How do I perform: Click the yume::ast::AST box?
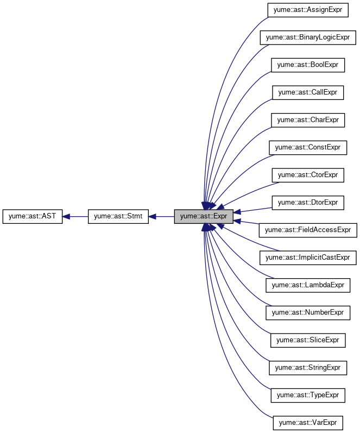click(33, 216)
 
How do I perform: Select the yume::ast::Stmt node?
click(118, 216)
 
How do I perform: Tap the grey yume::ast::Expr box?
click(204, 216)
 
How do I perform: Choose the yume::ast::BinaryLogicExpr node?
click(308, 37)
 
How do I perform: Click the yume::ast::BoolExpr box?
click(308, 65)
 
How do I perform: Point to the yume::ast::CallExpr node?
click(308, 92)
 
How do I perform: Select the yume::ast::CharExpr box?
click(308, 120)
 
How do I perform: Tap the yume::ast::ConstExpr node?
click(308, 147)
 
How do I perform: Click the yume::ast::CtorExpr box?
click(308, 175)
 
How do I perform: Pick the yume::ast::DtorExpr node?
click(308, 203)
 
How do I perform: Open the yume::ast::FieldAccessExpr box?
click(308, 230)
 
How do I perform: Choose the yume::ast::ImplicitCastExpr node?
click(308, 258)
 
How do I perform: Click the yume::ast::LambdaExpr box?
click(308, 285)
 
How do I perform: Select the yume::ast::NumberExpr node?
click(308, 312)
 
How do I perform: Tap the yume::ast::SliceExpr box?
click(308, 340)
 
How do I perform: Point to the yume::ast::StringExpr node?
click(308, 368)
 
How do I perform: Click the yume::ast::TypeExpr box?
click(308, 395)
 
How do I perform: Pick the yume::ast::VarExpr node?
click(308, 423)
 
